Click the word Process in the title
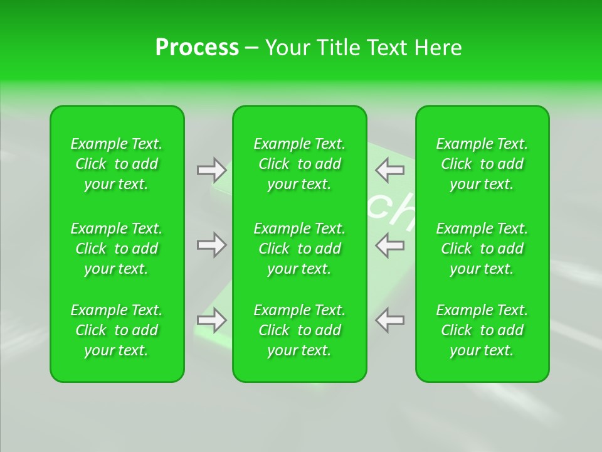pyautogui.click(x=197, y=48)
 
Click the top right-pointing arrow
pyautogui.click(x=211, y=169)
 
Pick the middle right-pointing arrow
pyautogui.click(x=211, y=245)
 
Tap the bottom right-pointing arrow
pyautogui.click(x=211, y=320)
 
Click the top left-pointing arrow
pyautogui.click(x=390, y=169)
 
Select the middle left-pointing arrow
pyautogui.click(x=390, y=245)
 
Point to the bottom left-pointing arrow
pyautogui.click(x=390, y=320)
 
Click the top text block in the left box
pyautogui.click(x=117, y=164)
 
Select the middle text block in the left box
pyautogui.click(x=117, y=249)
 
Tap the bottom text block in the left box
pyautogui.click(x=117, y=330)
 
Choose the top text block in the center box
pyautogui.click(x=300, y=164)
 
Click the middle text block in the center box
pyautogui.click(x=300, y=249)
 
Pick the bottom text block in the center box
pyautogui.click(x=300, y=330)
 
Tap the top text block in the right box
pyautogui.click(x=482, y=164)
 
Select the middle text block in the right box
pyautogui.click(x=482, y=249)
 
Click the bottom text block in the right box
pyautogui.click(x=482, y=330)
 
